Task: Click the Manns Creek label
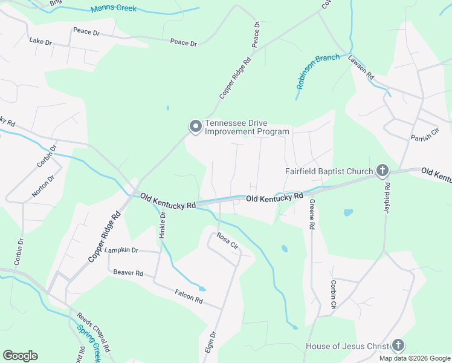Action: click(x=114, y=9)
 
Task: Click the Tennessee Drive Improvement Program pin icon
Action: click(x=195, y=126)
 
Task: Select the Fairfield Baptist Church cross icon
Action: click(x=382, y=171)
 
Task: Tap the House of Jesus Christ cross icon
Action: click(x=398, y=346)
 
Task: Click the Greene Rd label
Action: click(x=312, y=214)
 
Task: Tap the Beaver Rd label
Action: click(x=128, y=273)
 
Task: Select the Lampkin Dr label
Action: click(x=121, y=250)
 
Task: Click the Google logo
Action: click(x=20, y=356)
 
